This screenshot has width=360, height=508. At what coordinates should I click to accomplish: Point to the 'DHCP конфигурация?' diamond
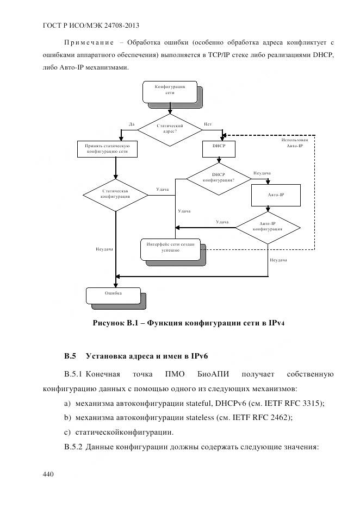click(218, 177)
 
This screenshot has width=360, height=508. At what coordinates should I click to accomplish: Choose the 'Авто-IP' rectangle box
click(276, 195)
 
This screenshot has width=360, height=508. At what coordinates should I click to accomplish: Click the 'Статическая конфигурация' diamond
click(115, 195)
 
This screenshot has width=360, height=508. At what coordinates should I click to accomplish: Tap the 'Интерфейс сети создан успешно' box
click(170, 248)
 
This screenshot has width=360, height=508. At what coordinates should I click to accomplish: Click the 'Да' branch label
click(131, 124)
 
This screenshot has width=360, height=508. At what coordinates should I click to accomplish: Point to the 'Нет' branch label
click(208, 124)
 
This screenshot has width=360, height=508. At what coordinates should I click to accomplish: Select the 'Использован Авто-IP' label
click(295, 143)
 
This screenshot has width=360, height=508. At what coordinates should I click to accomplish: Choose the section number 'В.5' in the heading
click(69, 356)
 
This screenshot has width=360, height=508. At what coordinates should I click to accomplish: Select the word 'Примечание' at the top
click(89, 42)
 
